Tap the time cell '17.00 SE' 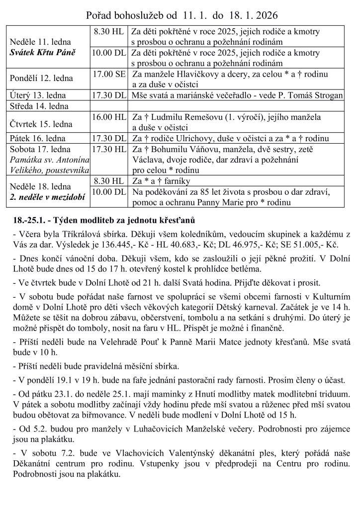(109, 74)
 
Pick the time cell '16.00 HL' (109, 117)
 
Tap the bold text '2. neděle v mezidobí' (47, 197)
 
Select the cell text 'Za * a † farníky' (162, 181)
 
